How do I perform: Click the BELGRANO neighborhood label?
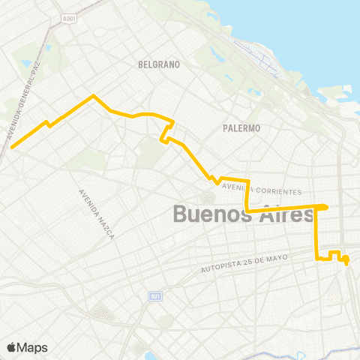pyautogui.click(x=160, y=64)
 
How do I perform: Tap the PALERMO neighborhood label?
pyautogui.click(x=241, y=128)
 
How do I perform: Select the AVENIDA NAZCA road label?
pyautogui.click(x=96, y=214)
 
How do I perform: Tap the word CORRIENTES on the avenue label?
pyautogui.click(x=277, y=192)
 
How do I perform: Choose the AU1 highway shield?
pyautogui.click(x=155, y=295)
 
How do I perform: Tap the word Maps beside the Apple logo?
pyautogui.click(x=32, y=347)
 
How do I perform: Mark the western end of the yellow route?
pyautogui.click(x=12, y=147)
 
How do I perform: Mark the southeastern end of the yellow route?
pyautogui.click(x=346, y=263)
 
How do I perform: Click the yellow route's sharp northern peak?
pyautogui.click(x=93, y=96)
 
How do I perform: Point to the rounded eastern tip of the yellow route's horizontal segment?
pyautogui.click(x=325, y=207)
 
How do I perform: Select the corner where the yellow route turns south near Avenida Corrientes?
pyautogui.click(x=247, y=181)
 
